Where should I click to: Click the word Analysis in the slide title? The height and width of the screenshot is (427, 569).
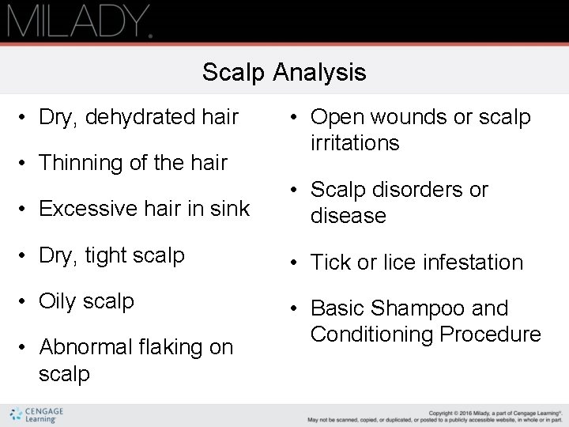(x=320, y=73)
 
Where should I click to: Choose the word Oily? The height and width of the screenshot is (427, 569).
(x=58, y=301)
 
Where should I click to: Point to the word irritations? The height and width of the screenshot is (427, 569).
(x=355, y=143)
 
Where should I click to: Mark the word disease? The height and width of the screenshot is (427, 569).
(x=349, y=216)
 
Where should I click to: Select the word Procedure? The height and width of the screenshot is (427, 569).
(x=491, y=334)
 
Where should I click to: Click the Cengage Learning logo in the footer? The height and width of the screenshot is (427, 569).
(x=37, y=415)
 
